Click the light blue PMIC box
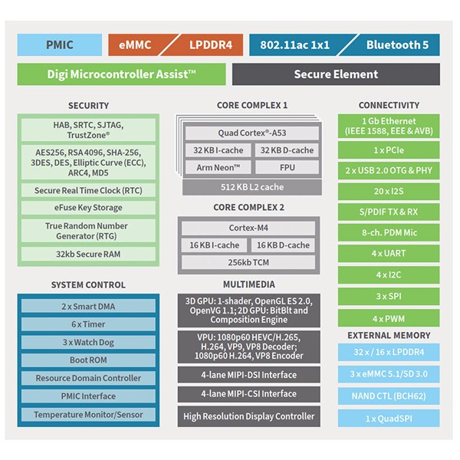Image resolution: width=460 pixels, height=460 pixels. (x=60, y=45)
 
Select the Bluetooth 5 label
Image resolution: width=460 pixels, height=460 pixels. (x=397, y=45)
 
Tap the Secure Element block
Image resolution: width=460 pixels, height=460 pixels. (x=336, y=74)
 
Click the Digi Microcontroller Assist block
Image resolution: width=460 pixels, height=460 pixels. (x=121, y=74)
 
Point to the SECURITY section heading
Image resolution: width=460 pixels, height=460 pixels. (x=88, y=106)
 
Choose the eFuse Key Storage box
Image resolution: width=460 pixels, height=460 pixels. (x=88, y=208)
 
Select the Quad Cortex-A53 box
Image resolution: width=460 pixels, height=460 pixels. (x=252, y=133)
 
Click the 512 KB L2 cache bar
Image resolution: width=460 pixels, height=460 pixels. (x=252, y=187)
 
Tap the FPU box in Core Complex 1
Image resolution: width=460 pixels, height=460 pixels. (x=287, y=167)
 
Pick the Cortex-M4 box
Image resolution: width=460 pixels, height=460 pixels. (x=248, y=228)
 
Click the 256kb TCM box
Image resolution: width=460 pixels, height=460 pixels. (x=248, y=262)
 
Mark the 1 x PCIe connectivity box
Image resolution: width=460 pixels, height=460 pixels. (x=389, y=150)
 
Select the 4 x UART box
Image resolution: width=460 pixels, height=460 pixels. (x=389, y=254)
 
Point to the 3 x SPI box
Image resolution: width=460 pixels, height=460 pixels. (x=389, y=296)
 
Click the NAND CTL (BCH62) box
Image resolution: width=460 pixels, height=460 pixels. (x=389, y=396)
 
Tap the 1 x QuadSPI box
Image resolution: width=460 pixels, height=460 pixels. (x=389, y=419)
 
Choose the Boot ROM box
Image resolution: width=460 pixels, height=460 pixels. (x=88, y=360)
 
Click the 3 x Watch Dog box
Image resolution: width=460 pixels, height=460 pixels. (x=88, y=343)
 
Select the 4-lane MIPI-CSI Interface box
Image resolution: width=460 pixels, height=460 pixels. (x=248, y=394)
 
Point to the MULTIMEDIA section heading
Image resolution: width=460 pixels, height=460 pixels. (x=249, y=284)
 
